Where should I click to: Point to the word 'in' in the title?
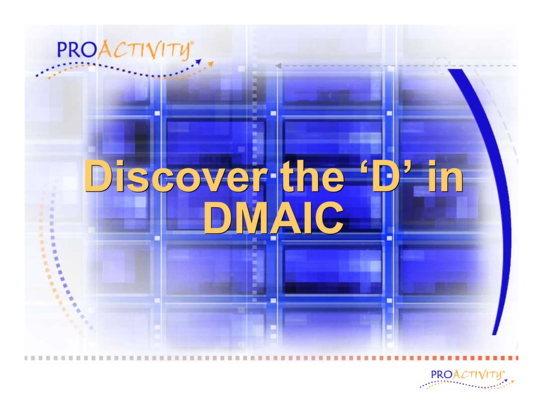pos(444,177)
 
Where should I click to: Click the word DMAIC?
pos(273,218)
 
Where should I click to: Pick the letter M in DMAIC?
pos(251,218)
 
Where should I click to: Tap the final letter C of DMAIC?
pos(329,218)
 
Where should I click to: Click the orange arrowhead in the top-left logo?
pos(211,64)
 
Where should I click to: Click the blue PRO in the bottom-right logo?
pos(441,374)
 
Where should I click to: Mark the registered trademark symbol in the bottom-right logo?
pos(505,371)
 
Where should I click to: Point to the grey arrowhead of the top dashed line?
pos(277,66)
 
